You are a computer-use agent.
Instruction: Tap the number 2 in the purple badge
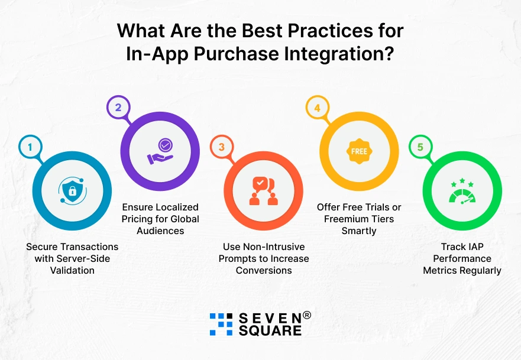click(118, 108)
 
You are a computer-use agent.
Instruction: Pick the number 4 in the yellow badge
click(317, 108)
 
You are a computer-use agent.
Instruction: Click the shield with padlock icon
click(72, 190)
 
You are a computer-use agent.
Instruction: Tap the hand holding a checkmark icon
click(160, 151)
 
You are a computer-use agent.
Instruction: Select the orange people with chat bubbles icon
click(263, 190)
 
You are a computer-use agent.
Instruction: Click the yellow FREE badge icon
click(359, 151)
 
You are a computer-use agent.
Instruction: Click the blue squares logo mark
click(221, 324)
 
